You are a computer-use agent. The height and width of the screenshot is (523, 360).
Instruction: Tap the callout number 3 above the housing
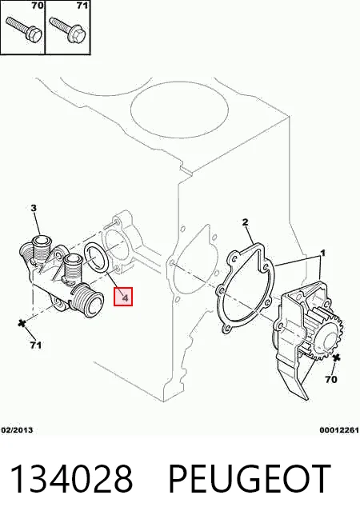point(34,208)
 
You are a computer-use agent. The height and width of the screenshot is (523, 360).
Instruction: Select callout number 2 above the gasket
point(246,222)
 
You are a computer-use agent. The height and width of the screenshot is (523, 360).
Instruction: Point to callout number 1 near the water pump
point(322,254)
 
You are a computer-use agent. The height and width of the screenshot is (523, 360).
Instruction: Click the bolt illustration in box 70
point(23,30)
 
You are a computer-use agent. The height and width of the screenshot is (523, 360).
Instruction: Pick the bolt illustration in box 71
point(68,30)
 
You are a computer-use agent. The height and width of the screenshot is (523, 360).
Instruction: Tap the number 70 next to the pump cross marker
point(330,379)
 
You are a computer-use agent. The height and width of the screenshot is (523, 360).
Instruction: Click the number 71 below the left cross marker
point(36,345)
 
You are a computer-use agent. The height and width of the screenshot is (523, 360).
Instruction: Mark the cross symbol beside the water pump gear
point(336,358)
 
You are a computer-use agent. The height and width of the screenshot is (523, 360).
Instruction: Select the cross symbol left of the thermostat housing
point(22,323)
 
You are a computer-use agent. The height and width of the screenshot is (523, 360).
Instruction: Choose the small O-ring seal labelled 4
point(97,257)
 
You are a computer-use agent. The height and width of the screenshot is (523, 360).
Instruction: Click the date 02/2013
point(17,430)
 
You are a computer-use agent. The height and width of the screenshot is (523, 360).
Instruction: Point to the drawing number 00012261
point(339,430)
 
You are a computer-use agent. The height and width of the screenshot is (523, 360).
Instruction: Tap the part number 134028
point(71,479)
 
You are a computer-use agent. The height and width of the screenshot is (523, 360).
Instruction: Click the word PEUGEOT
point(250,479)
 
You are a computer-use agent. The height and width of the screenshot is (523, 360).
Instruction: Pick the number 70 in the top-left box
point(37,6)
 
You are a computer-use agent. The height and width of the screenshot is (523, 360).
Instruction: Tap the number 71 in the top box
point(82,6)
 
